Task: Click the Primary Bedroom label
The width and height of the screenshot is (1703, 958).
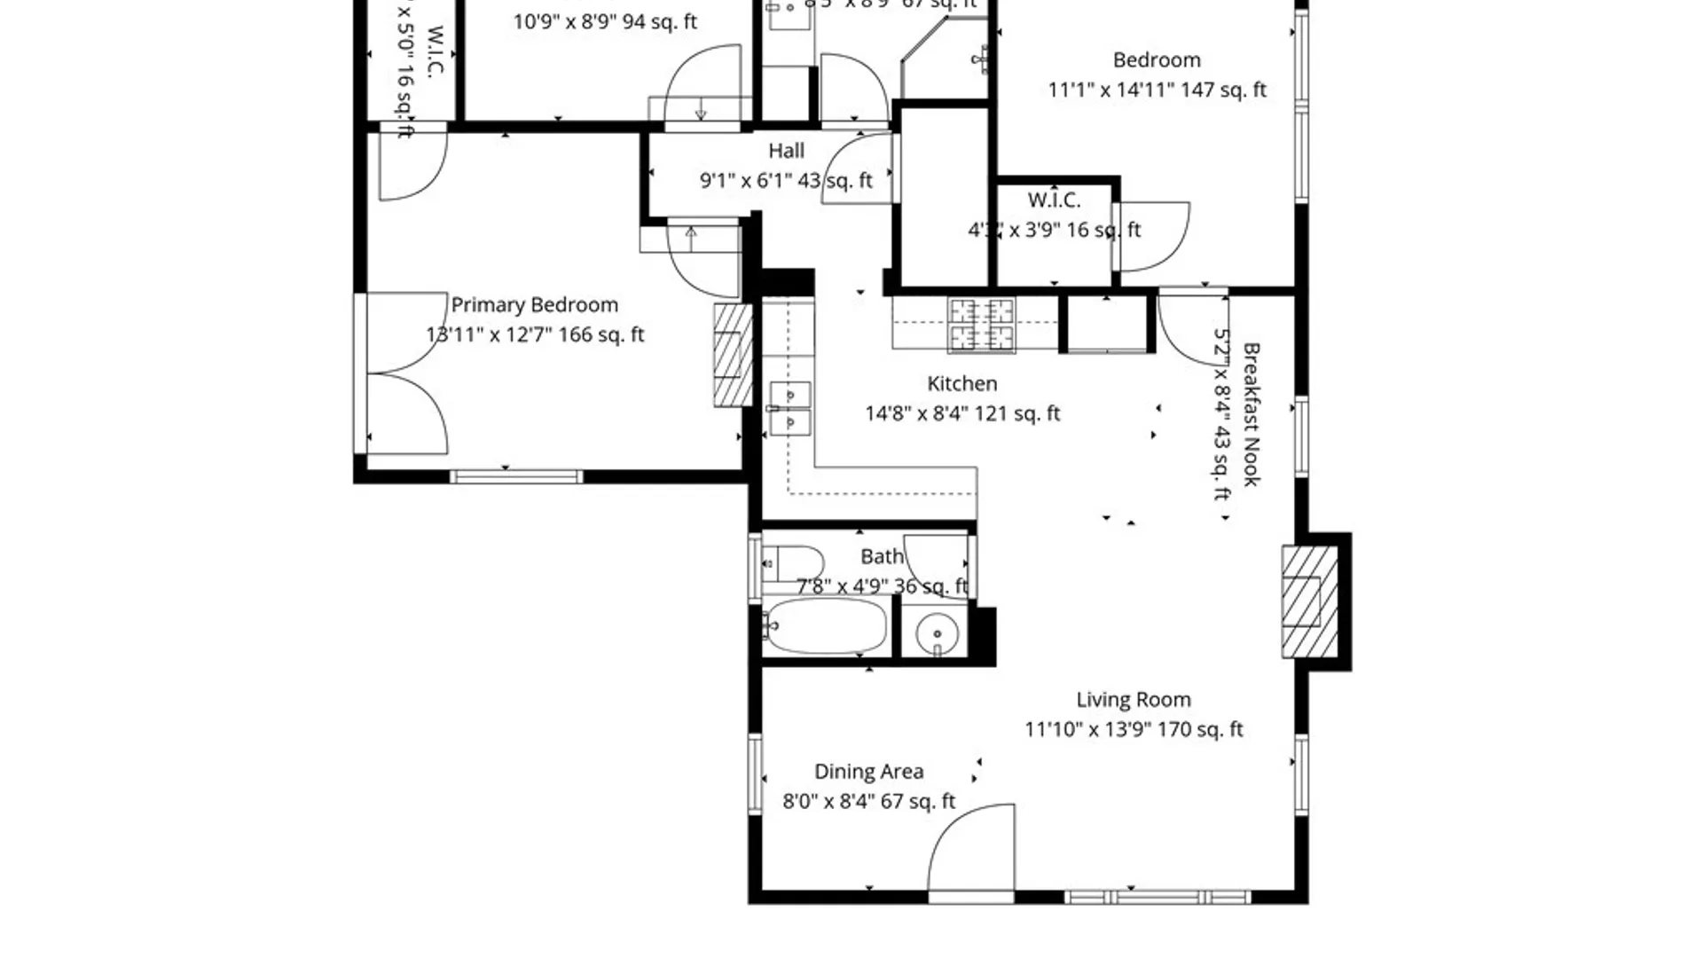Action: pos(534,305)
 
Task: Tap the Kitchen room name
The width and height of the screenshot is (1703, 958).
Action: pos(961,384)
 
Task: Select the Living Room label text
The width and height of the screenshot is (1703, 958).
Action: pos(1133,700)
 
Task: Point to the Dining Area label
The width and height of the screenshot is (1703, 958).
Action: pos(868,772)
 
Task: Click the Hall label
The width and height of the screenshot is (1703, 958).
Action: pos(786,151)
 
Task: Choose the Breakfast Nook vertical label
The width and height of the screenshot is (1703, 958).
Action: pos(1251,414)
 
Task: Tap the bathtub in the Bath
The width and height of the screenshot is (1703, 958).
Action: pos(825,626)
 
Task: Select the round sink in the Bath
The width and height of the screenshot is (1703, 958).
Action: pos(937,633)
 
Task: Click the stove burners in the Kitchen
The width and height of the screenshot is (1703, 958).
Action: pos(980,325)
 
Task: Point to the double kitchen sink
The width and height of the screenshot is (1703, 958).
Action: pos(789,409)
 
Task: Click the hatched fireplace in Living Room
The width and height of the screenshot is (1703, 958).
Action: pos(1309,602)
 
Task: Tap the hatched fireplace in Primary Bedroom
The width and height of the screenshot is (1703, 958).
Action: pos(732,355)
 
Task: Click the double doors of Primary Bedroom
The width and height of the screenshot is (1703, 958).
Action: pos(406,373)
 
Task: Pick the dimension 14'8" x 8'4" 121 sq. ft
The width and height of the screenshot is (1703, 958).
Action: pos(961,413)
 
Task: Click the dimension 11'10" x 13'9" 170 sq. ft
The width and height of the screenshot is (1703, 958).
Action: pos(1133,730)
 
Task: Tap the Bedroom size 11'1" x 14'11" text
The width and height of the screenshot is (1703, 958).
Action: pos(1157,90)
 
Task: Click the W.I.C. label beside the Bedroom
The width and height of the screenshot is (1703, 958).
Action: pos(1054,200)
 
